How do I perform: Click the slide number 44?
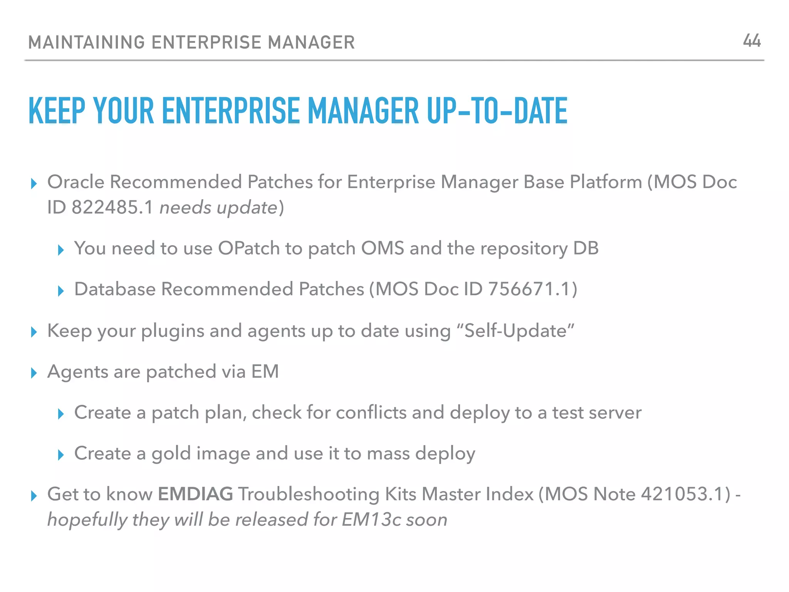[752, 41]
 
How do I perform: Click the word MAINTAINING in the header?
[86, 42]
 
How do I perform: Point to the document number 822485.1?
[112, 208]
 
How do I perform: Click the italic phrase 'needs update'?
[218, 208]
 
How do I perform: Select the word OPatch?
[249, 249]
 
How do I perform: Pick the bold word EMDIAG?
[195, 494]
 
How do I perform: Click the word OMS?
[382, 249]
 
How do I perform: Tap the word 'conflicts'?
[371, 413]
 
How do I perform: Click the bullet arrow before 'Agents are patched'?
[34, 373]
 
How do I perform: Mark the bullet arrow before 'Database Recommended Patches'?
[60, 291]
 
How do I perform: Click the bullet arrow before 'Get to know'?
[34, 496]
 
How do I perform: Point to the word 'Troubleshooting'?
[309, 494]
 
